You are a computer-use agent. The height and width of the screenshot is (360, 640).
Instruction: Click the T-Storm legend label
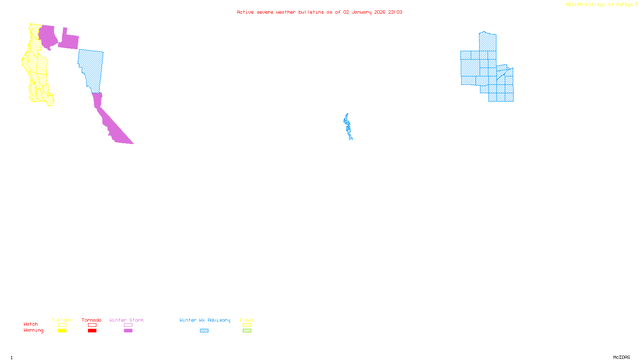pyautogui.click(x=62, y=320)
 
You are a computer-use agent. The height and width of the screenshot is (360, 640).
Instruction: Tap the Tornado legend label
pyautogui.click(x=92, y=320)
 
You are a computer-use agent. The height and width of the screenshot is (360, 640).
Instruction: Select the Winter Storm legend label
pyautogui.click(x=126, y=320)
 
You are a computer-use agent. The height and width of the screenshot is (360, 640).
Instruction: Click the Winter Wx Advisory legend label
pyautogui.click(x=205, y=320)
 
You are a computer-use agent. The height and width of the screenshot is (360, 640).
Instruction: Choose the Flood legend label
pyautogui.click(x=247, y=320)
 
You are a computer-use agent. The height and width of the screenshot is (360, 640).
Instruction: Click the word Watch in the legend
pyautogui.click(x=31, y=324)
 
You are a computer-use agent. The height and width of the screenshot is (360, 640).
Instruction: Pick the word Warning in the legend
pyautogui.click(x=34, y=330)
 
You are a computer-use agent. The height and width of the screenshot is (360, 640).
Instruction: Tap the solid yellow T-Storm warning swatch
pyautogui.click(x=62, y=331)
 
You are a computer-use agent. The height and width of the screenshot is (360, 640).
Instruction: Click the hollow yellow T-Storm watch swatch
pyautogui.click(x=62, y=325)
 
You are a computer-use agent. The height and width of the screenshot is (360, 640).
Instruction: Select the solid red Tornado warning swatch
pyautogui.click(x=92, y=331)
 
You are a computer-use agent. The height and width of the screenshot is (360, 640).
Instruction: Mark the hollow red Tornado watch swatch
pyautogui.click(x=92, y=325)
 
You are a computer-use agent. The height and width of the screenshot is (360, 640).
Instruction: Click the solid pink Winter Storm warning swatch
pyautogui.click(x=128, y=331)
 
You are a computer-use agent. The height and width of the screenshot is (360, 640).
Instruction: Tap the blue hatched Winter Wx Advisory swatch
pyautogui.click(x=204, y=331)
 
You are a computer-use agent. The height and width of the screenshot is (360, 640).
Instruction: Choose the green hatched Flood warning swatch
pyautogui.click(x=247, y=331)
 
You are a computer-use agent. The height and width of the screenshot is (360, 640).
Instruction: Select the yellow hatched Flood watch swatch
pyautogui.click(x=247, y=325)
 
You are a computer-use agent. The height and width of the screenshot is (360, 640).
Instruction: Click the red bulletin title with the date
pyautogui.click(x=320, y=12)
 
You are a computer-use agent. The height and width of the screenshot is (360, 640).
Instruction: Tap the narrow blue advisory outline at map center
pyautogui.click(x=348, y=126)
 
